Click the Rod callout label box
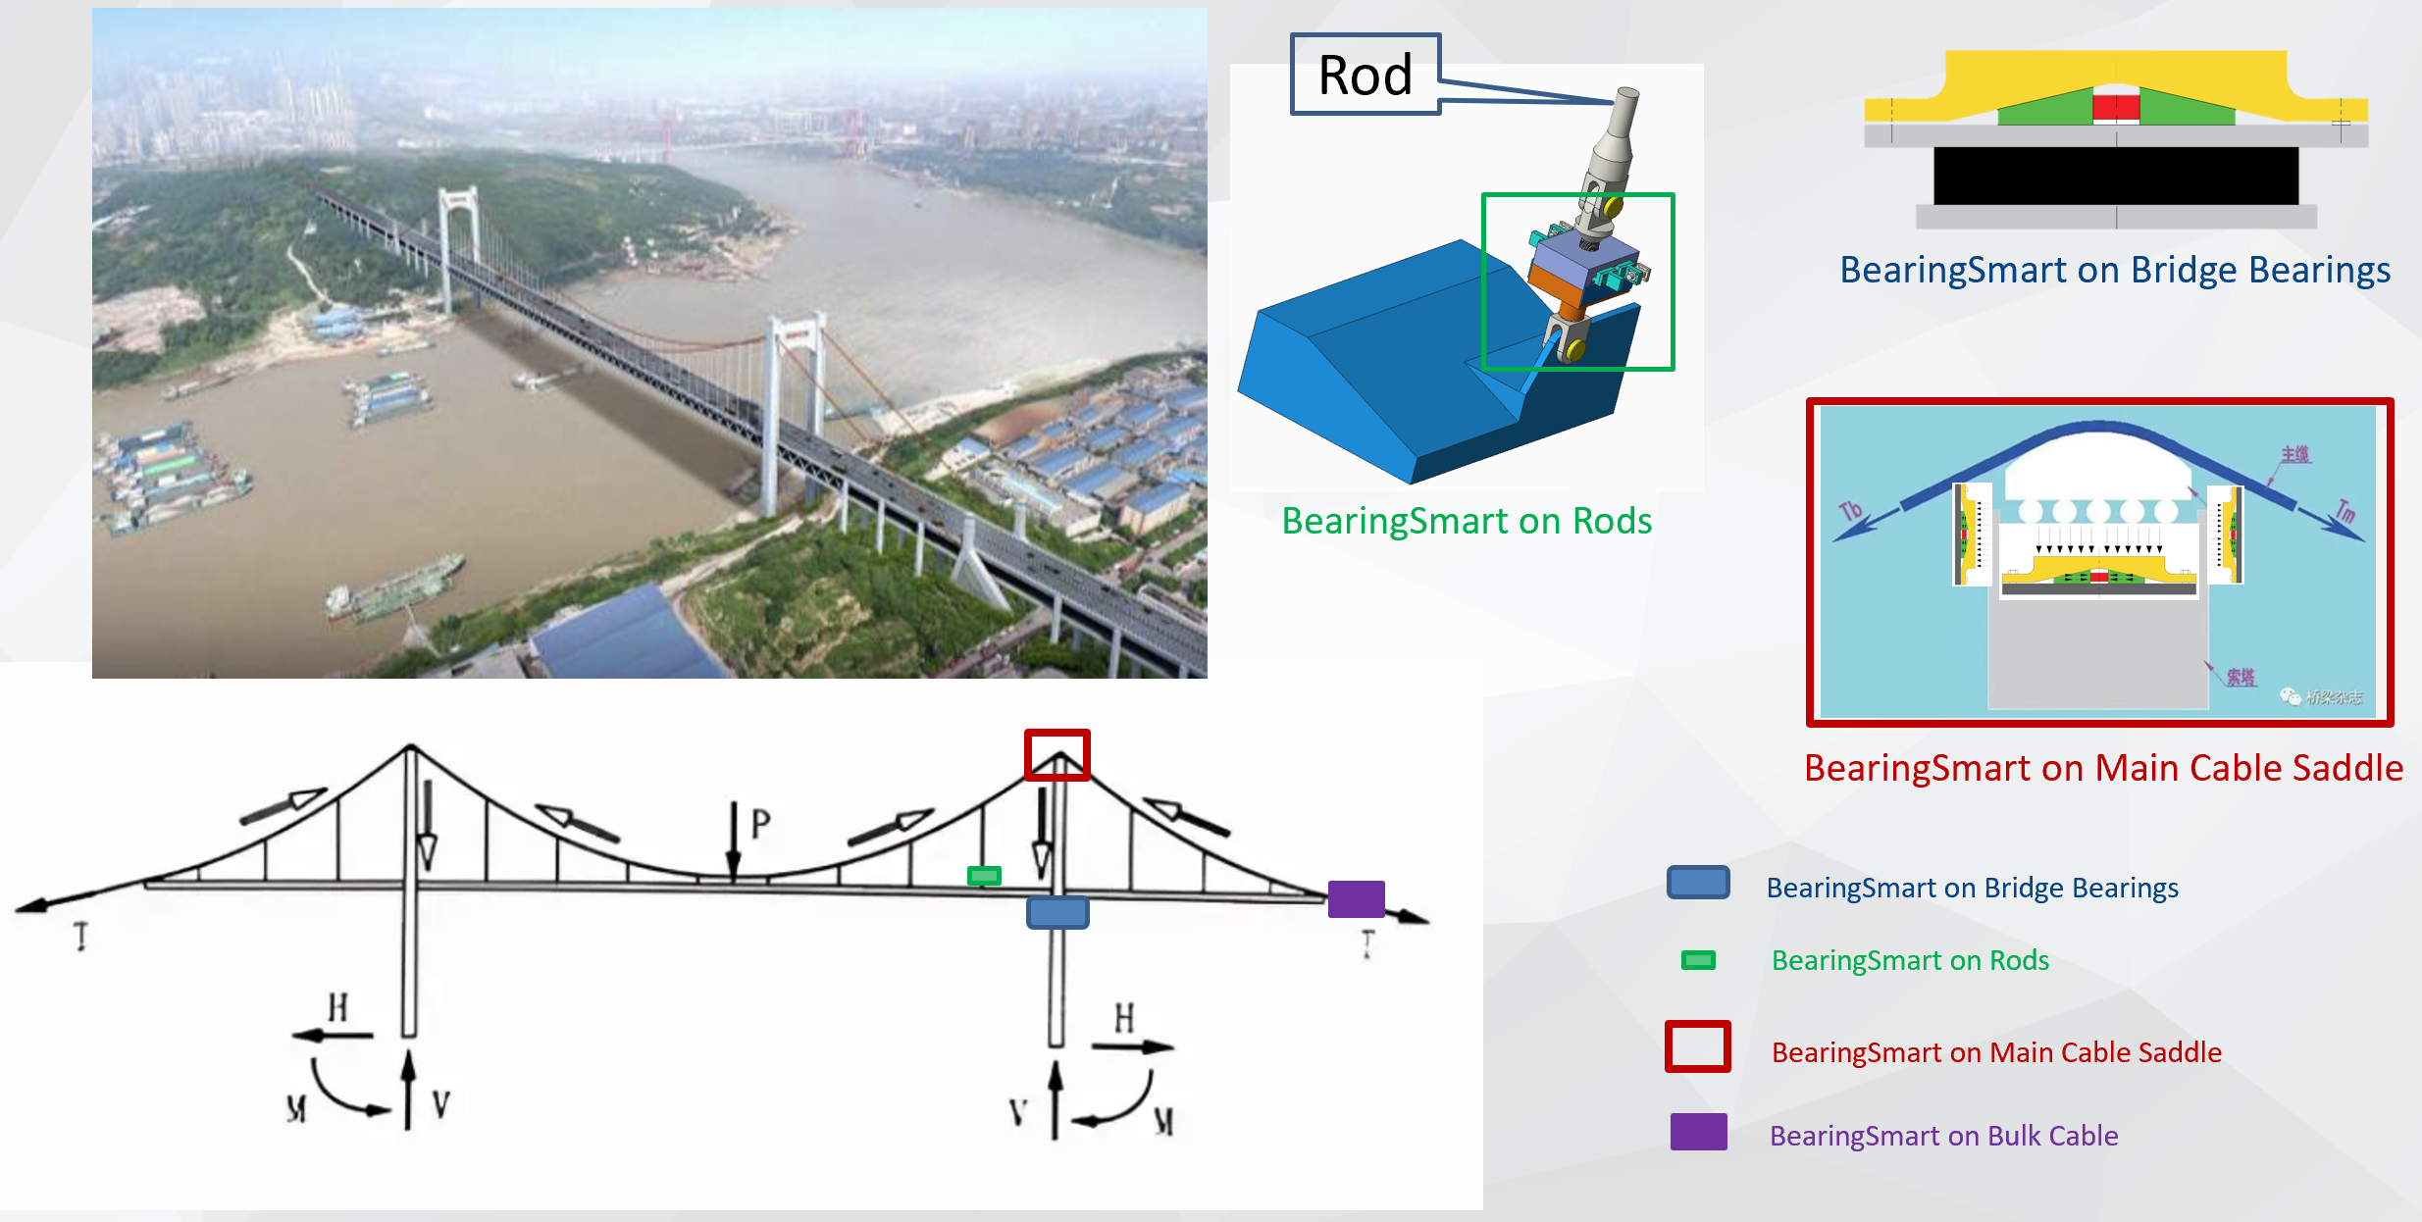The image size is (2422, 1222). coord(1365,75)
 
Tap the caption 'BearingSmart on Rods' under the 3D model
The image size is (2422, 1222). coord(1467,521)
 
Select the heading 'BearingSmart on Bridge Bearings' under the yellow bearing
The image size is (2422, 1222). coord(2115,270)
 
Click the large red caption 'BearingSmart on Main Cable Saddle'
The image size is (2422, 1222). coord(2103,768)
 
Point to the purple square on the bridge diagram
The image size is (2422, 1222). coord(1356,898)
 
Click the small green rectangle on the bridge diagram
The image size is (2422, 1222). coord(984,876)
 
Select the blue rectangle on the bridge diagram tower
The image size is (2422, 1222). coord(1057,913)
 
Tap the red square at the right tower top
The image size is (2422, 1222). coord(1057,755)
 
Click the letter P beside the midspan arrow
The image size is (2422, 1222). coord(760,824)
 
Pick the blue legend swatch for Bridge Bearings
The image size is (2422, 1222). coord(1698,883)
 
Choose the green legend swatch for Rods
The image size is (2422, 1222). coord(1698,960)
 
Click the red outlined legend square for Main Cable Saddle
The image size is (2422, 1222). coord(1698,1046)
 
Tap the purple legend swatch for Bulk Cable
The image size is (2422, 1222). coord(1699,1132)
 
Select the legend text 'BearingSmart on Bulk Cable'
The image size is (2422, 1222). coord(1943,1136)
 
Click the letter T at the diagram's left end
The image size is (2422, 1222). coord(81,937)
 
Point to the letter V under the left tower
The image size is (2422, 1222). coord(440,1105)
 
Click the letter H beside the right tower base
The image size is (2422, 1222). coord(1124,1018)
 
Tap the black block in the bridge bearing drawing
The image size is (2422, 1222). coord(2115,177)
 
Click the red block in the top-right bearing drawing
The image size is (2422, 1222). coord(2115,107)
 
